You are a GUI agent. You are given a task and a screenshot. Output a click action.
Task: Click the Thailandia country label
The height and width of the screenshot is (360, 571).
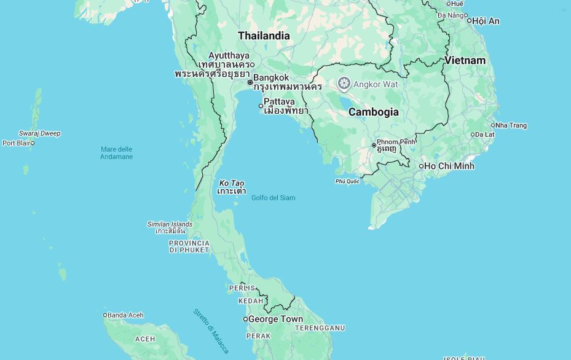[264, 36]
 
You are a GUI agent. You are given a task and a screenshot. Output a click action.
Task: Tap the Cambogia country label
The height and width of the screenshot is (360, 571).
[373, 112]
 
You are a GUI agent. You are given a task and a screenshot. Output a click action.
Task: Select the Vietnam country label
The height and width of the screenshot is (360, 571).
[465, 60]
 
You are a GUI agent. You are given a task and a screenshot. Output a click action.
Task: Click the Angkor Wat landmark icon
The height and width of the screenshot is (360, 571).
[344, 84]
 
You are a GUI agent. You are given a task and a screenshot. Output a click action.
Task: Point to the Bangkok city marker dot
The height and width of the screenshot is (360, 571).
[250, 82]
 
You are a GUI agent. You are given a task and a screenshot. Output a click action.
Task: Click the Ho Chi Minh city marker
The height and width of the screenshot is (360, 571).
[422, 166]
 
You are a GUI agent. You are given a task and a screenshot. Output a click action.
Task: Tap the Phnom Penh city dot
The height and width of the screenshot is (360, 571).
[374, 146]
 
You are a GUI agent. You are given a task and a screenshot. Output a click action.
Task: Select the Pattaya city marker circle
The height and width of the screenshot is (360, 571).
[261, 106]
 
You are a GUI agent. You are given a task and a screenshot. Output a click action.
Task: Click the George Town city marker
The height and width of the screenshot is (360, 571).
[245, 319]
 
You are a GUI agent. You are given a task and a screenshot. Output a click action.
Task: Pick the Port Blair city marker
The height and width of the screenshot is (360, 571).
[33, 143]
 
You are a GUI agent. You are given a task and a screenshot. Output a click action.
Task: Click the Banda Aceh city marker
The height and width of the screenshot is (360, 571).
[105, 315]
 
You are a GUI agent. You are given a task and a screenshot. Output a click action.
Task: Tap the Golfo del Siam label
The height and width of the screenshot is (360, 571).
[273, 198]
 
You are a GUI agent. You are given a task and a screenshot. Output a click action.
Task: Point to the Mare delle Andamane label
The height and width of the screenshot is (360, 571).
[116, 153]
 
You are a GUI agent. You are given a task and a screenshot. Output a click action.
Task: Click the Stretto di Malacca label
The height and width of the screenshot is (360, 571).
[211, 331]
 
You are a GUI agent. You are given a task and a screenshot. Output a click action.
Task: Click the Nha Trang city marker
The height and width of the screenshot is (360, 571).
[492, 125]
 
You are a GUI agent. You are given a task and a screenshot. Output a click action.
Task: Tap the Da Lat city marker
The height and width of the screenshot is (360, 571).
[473, 135]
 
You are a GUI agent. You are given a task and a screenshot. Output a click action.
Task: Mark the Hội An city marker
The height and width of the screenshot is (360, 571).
[469, 21]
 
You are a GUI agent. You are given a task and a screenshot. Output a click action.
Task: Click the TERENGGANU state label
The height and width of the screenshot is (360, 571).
[320, 328]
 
